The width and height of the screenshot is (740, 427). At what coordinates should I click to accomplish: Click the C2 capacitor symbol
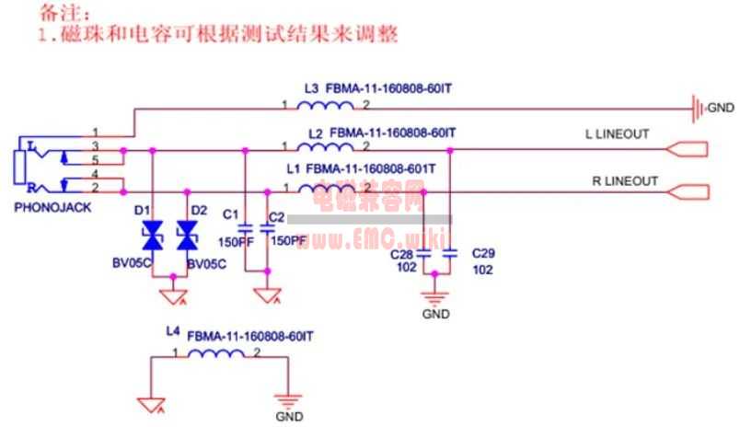[x=268, y=231]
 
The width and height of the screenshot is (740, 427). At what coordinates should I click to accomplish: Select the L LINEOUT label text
[x=618, y=134]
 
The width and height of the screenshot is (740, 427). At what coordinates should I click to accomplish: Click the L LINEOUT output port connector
[x=688, y=149]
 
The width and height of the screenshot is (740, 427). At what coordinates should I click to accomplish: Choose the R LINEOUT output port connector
[x=688, y=191]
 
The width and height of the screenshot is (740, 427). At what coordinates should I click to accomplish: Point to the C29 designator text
[x=483, y=252]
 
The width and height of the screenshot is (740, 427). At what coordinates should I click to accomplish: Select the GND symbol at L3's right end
[x=700, y=110]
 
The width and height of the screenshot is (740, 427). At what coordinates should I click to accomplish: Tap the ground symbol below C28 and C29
[x=435, y=297]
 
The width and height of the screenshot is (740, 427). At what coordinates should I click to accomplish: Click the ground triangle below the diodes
[x=169, y=296]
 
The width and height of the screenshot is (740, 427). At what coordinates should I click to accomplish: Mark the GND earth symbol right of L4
[x=288, y=401]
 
